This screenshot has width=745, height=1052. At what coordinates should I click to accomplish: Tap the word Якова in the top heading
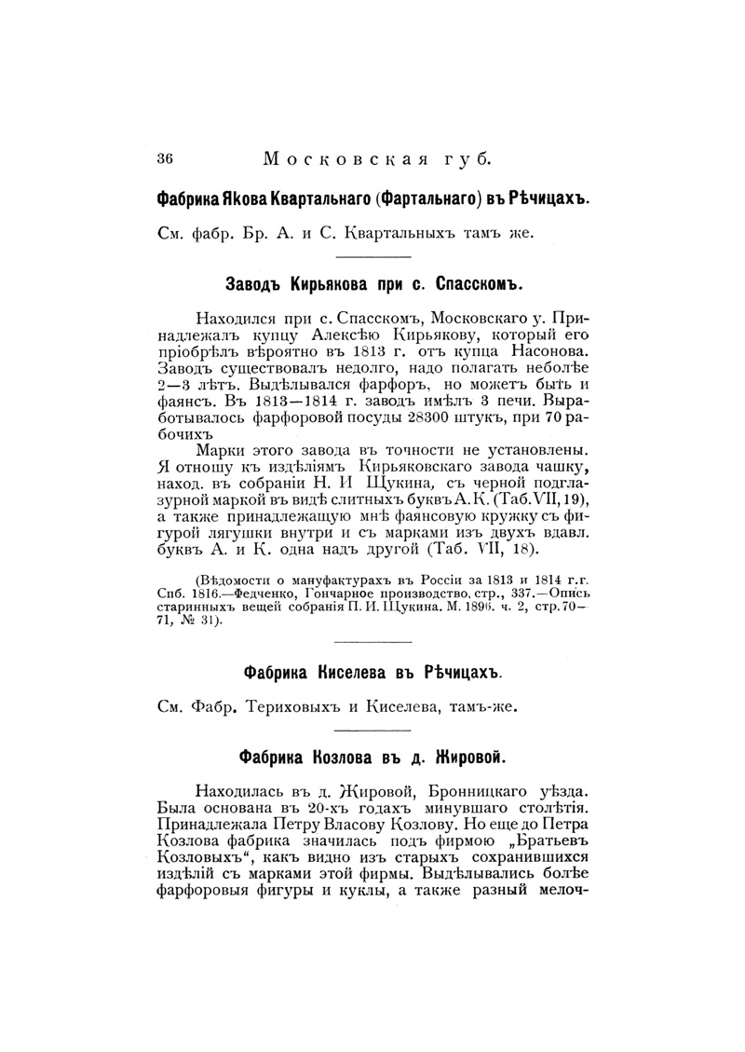tap(239, 199)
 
